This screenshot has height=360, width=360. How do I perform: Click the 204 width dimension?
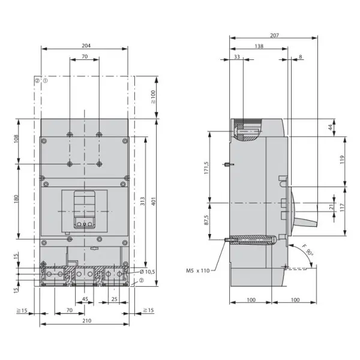tap(86, 46)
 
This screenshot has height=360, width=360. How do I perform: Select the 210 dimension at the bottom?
tap(87, 321)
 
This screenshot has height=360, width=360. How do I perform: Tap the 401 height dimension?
tap(154, 201)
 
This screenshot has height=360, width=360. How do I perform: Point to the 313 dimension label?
tap(143, 201)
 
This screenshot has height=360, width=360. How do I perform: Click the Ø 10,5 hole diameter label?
tap(147, 272)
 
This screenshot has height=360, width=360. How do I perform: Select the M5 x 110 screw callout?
tap(197, 271)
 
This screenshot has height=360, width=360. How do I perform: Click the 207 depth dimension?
tap(274, 35)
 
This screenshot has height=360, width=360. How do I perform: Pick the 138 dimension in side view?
tap(259, 46)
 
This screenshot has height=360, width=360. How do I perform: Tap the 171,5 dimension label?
tap(206, 167)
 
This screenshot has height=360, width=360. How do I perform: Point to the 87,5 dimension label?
tap(206, 220)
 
